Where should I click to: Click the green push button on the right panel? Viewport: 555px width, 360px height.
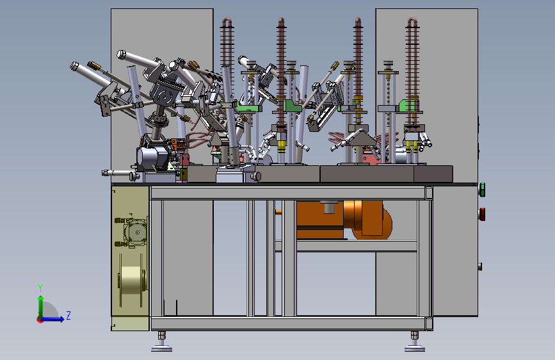click(x=482, y=190)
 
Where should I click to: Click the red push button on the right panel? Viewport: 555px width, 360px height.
click(x=482, y=214)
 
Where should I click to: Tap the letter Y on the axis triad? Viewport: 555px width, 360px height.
click(x=40, y=288)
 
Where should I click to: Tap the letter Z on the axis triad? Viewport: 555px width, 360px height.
click(x=68, y=315)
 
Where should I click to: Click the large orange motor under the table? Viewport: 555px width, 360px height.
click(x=344, y=220)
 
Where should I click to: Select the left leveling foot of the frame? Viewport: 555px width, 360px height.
click(x=162, y=342)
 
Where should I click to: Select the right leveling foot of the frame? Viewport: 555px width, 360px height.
click(x=414, y=342)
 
